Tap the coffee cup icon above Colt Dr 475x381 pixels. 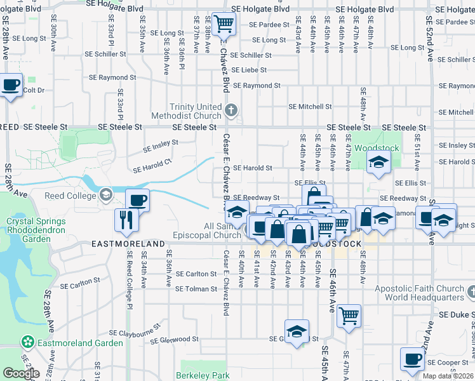[11, 85]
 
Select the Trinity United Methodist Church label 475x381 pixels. [188, 111]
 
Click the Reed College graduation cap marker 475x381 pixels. [105, 194]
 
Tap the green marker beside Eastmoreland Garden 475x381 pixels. [27, 343]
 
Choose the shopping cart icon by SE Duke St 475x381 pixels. [349, 316]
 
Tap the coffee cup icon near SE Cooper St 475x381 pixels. [411, 360]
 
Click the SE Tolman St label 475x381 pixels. [196, 289]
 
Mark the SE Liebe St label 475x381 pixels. [252, 70]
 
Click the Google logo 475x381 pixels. [21, 373]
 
